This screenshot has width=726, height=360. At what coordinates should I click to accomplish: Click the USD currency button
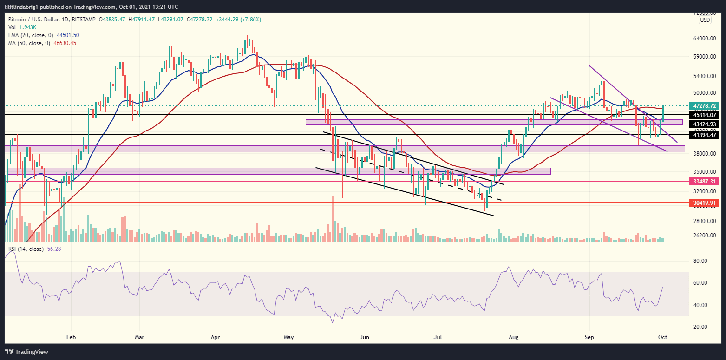click(705, 20)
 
